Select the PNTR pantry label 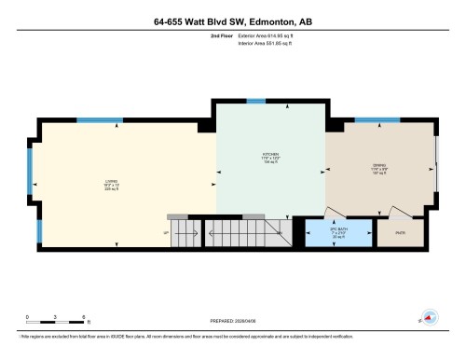pyautogui.click(x=401, y=233)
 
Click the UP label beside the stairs pyautogui.click(x=166, y=232)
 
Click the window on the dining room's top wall pyautogui.click(x=377, y=120)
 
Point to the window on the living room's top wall pyautogui.click(x=99, y=120)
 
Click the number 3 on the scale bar pyautogui.click(x=56, y=318)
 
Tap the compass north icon pyautogui.click(x=430, y=317)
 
